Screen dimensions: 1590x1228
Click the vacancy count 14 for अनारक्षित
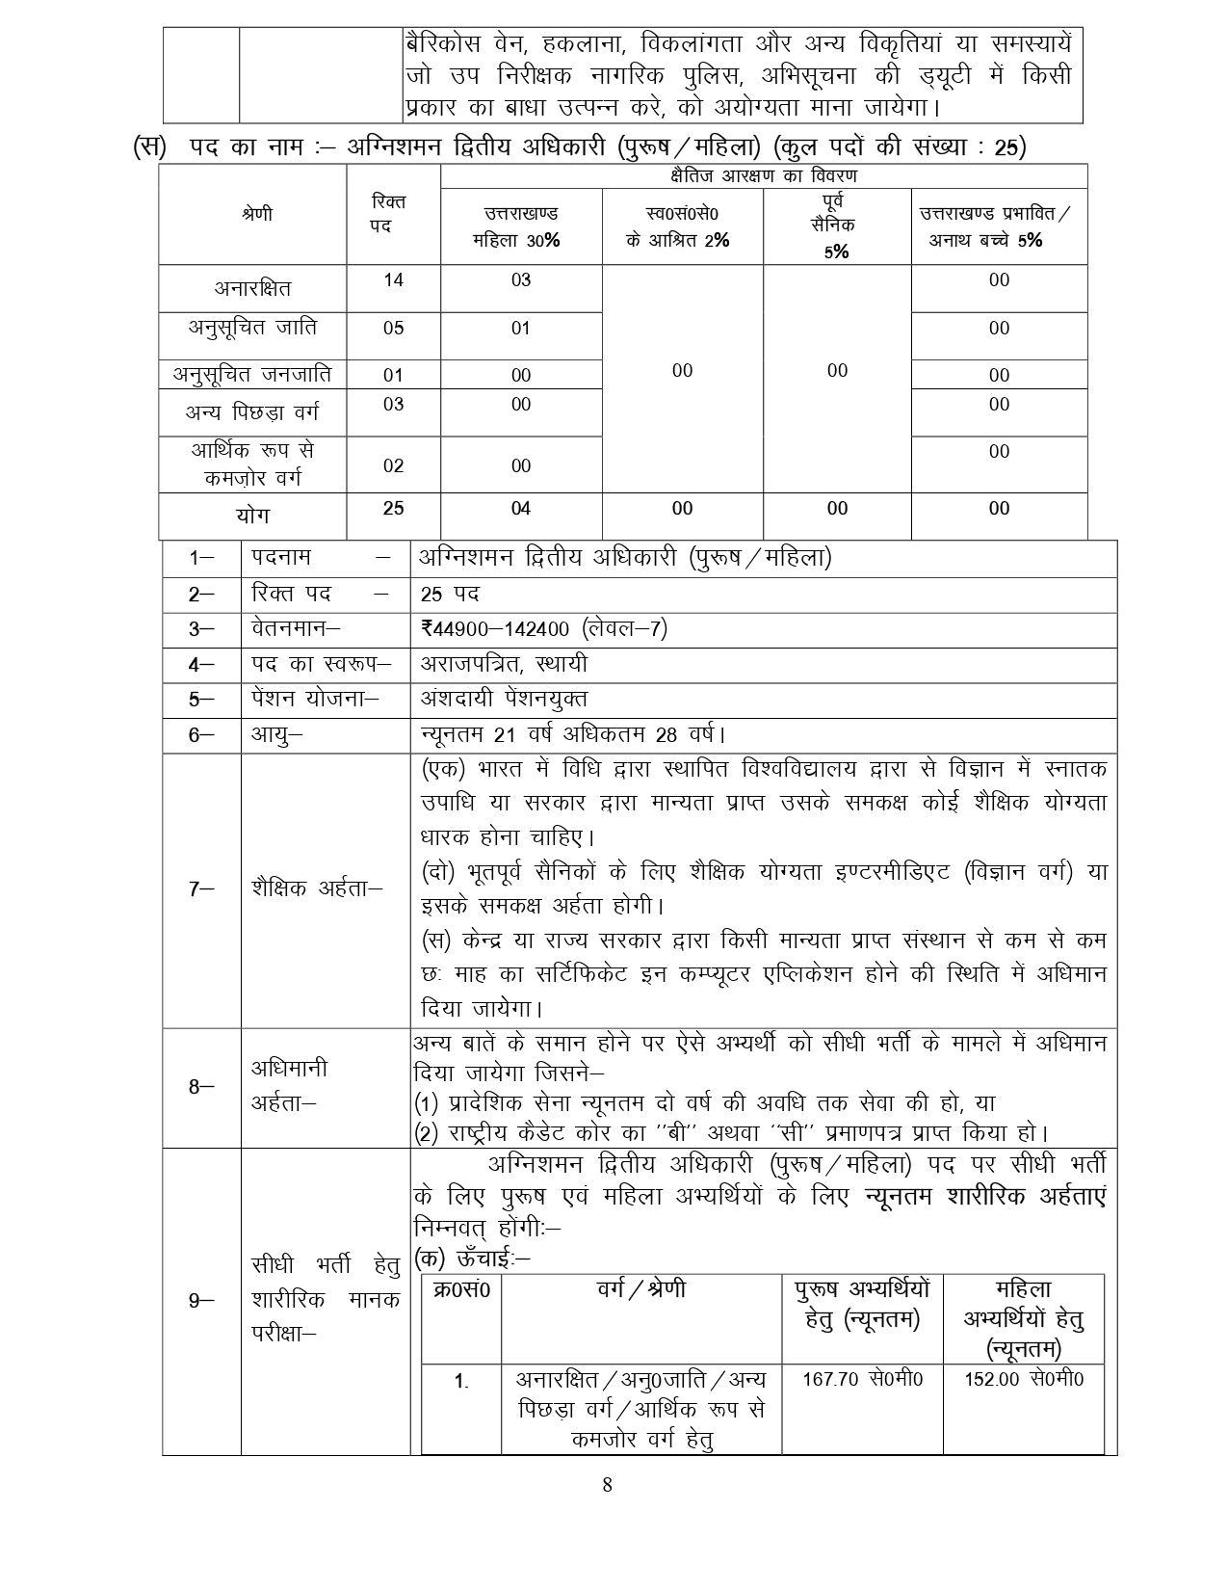[393, 280]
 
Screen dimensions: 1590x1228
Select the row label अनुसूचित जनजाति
[251, 374]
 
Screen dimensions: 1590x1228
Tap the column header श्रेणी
[257, 213]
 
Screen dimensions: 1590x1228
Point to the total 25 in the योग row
[393, 508]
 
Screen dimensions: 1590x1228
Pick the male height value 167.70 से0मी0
[862, 1379]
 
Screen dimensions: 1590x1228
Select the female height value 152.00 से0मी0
[1023, 1379]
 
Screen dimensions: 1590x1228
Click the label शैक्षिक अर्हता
[316, 888]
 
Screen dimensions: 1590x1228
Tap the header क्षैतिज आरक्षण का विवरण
[764, 176]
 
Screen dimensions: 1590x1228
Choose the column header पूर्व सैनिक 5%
[836, 225]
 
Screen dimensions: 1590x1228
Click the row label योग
[252, 516]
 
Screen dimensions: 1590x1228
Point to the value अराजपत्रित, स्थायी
[504, 664]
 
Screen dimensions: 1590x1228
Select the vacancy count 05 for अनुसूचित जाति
[393, 329]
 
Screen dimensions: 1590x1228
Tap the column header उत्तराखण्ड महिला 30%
[521, 226]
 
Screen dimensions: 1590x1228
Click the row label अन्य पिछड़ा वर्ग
[251, 412]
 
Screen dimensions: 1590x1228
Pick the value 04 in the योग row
[521, 508]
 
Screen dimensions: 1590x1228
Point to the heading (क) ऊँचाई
[472, 1258]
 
